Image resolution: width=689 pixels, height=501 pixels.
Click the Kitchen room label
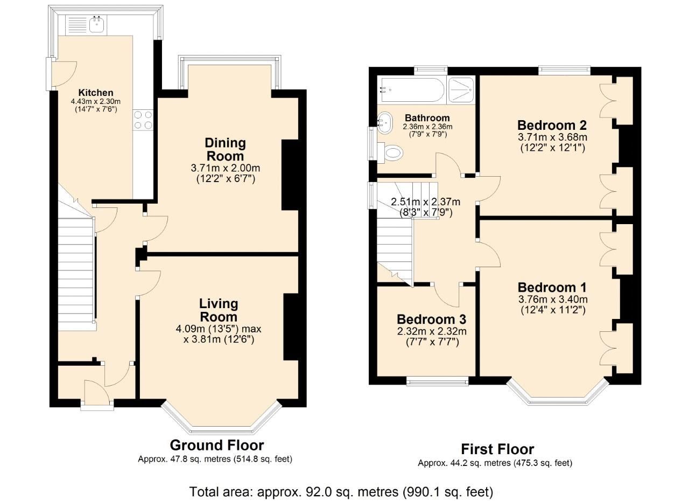point(96,93)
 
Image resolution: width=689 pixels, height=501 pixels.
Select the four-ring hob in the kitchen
point(143,120)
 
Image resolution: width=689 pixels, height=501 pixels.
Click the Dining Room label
point(225,149)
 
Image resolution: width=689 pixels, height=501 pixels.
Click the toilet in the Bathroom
point(392,152)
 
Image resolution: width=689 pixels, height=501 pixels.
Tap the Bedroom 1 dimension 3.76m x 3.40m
point(553,300)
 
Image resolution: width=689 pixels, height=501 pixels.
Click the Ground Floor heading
point(217,446)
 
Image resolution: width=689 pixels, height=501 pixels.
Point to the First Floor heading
point(497,449)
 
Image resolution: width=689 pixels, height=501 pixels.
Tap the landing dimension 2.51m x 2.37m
point(425,202)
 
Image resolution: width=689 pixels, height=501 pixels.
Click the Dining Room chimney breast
point(290,175)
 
